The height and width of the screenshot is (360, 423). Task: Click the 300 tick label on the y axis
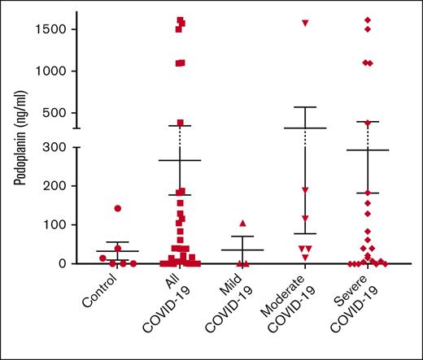click(54, 147)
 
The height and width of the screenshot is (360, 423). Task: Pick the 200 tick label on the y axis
click(54, 186)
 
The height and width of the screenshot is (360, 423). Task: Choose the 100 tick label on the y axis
click(54, 225)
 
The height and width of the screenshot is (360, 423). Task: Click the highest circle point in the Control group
click(117, 208)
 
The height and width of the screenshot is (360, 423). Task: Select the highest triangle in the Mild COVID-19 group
click(242, 223)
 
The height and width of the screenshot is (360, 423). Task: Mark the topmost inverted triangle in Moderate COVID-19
click(305, 23)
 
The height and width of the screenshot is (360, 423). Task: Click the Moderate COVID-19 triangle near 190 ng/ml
click(305, 190)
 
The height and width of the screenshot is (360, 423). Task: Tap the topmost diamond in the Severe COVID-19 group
click(368, 20)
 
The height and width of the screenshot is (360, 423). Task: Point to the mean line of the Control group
click(117, 251)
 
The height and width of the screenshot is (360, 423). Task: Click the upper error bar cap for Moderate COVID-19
click(305, 107)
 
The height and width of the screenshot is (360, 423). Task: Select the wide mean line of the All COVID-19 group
click(180, 160)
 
